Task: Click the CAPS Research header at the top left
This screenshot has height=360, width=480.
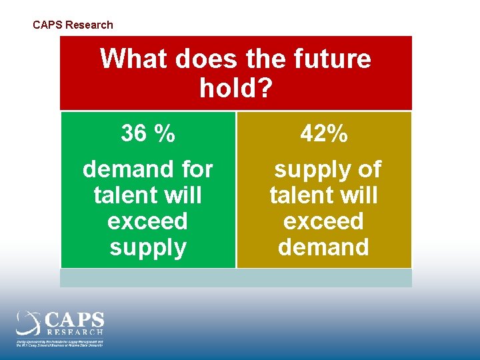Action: [73, 25]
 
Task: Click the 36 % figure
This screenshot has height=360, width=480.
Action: [148, 134]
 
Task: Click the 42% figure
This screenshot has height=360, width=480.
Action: [324, 134]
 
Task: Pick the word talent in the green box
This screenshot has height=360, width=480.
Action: [125, 195]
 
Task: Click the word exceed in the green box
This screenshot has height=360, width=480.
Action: [147, 221]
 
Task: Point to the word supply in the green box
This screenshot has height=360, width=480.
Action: [147, 248]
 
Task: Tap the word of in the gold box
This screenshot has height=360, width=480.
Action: [369, 169]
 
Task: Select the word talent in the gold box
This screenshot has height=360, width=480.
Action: [300, 195]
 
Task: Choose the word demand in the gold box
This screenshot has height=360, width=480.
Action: [323, 247]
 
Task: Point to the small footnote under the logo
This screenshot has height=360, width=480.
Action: [60, 343]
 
